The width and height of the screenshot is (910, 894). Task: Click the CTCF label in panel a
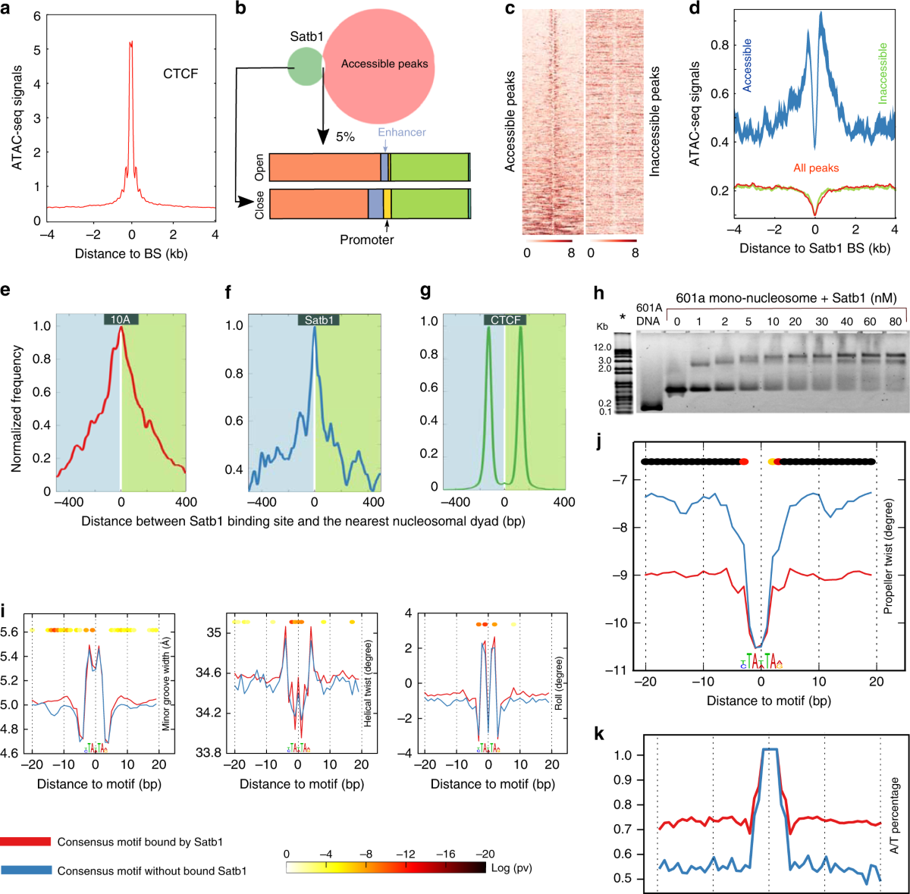coord(180,74)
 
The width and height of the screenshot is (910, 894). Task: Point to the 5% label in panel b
coord(345,137)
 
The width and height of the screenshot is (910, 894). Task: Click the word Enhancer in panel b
coord(402,132)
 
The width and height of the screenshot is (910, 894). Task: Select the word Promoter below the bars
coord(367,240)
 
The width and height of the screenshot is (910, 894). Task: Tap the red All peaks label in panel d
coord(816,168)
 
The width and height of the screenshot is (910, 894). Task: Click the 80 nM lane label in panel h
coord(896,322)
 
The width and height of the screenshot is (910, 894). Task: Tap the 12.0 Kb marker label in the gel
coord(603,347)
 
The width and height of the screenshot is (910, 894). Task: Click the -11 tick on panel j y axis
coord(620,670)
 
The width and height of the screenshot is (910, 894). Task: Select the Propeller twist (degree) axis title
coord(889,556)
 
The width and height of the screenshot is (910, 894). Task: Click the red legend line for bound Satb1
coord(26,842)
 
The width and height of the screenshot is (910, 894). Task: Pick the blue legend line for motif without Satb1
coord(26,870)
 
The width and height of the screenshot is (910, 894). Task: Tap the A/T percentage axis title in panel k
coord(895,815)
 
